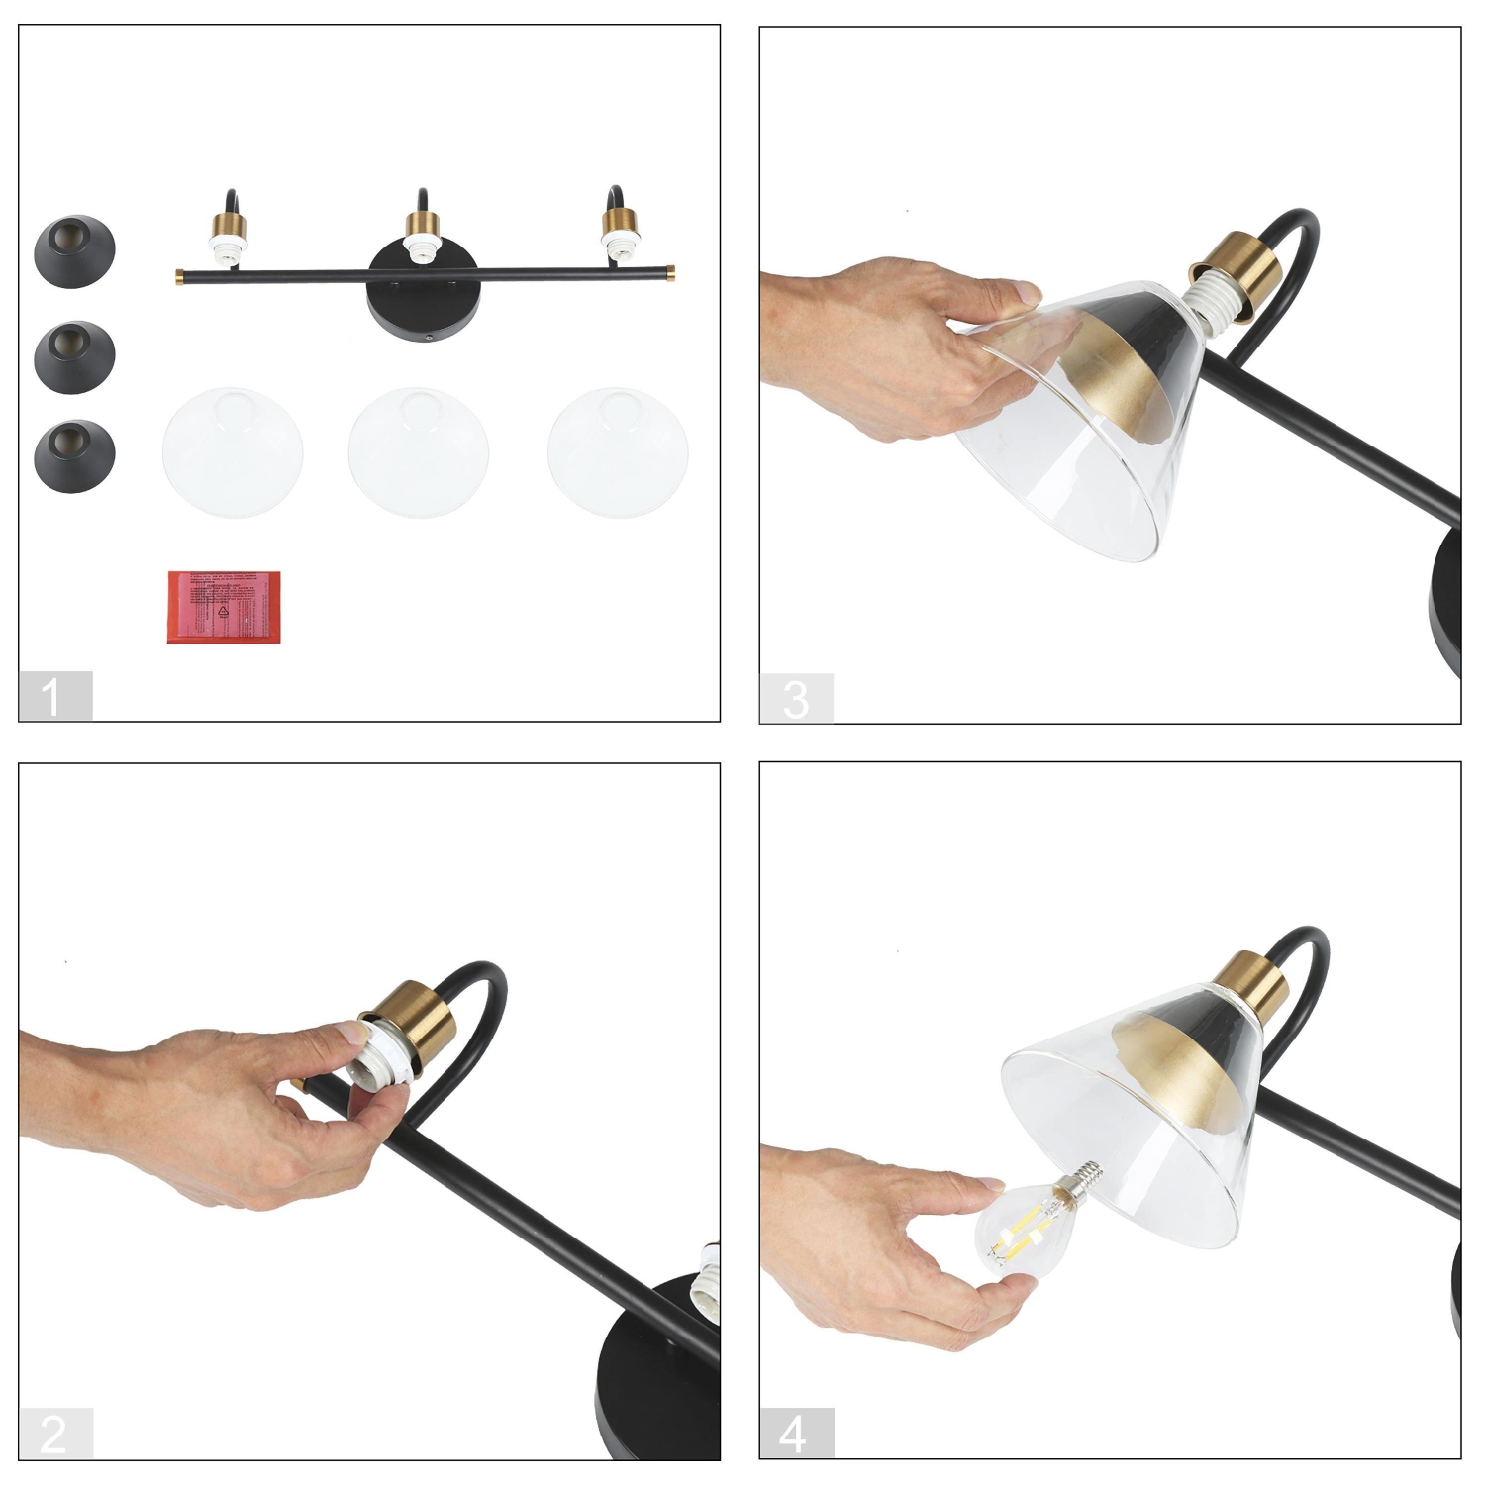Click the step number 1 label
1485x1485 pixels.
[x=54, y=696]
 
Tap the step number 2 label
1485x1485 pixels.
[x=54, y=1434]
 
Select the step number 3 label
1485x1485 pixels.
[x=796, y=699]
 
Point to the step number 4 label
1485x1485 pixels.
[x=795, y=1434]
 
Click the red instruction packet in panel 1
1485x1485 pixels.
[x=224, y=607]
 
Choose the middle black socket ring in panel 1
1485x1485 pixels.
[x=74, y=352]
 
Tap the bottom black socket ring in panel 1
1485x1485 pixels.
[x=74, y=453]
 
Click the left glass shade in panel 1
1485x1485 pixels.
[x=233, y=451]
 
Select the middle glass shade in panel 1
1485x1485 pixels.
[x=419, y=451]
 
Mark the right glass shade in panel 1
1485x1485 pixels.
[x=618, y=451]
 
